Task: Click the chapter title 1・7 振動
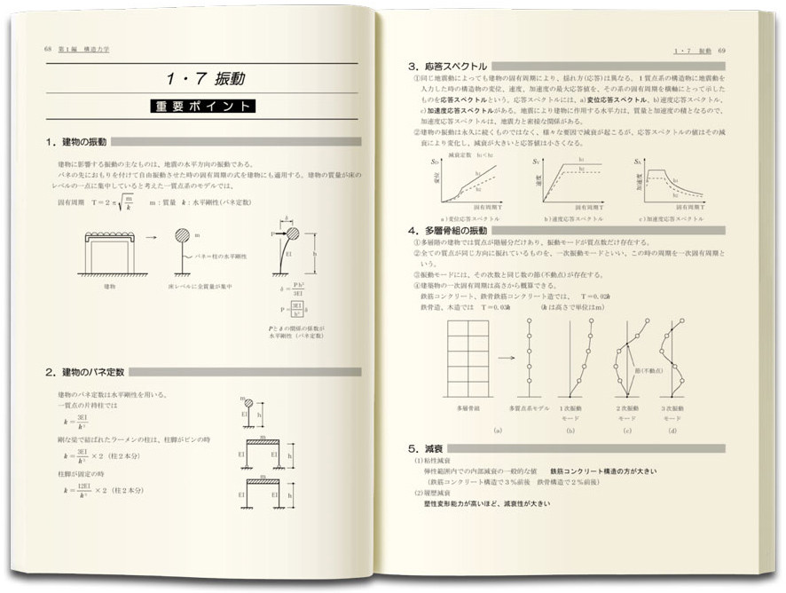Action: tap(206, 79)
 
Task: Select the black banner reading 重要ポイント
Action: tap(205, 107)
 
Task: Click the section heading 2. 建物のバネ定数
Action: tap(86, 371)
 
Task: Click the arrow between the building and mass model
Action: tap(150, 237)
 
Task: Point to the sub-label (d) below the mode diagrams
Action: tap(673, 431)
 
